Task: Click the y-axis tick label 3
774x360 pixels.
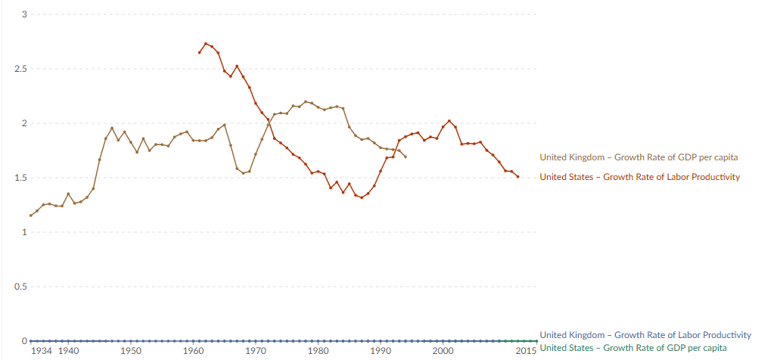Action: (x=25, y=14)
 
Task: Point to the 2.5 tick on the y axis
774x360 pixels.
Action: (x=21, y=69)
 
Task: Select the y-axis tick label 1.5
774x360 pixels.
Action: (x=21, y=178)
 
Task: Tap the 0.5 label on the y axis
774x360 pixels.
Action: (x=21, y=287)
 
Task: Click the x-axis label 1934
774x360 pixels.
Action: (x=42, y=351)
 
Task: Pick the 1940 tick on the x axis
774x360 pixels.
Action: (x=68, y=351)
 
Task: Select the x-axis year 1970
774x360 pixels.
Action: (x=256, y=351)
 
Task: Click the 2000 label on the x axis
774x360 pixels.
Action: (x=443, y=351)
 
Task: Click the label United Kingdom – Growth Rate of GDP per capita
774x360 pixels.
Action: (x=639, y=157)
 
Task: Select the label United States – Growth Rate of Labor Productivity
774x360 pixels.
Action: (x=639, y=177)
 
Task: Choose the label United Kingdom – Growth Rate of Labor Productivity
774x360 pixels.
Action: (x=645, y=334)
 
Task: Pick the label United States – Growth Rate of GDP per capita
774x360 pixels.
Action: (x=633, y=347)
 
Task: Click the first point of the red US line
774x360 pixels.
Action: (x=200, y=52)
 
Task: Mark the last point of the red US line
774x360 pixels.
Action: (x=518, y=177)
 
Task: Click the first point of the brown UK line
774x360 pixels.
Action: (x=31, y=216)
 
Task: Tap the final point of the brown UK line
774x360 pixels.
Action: (x=406, y=157)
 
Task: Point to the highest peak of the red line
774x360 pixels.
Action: (x=206, y=44)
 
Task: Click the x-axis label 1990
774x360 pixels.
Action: (x=381, y=351)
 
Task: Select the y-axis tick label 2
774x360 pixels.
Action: (x=25, y=123)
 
